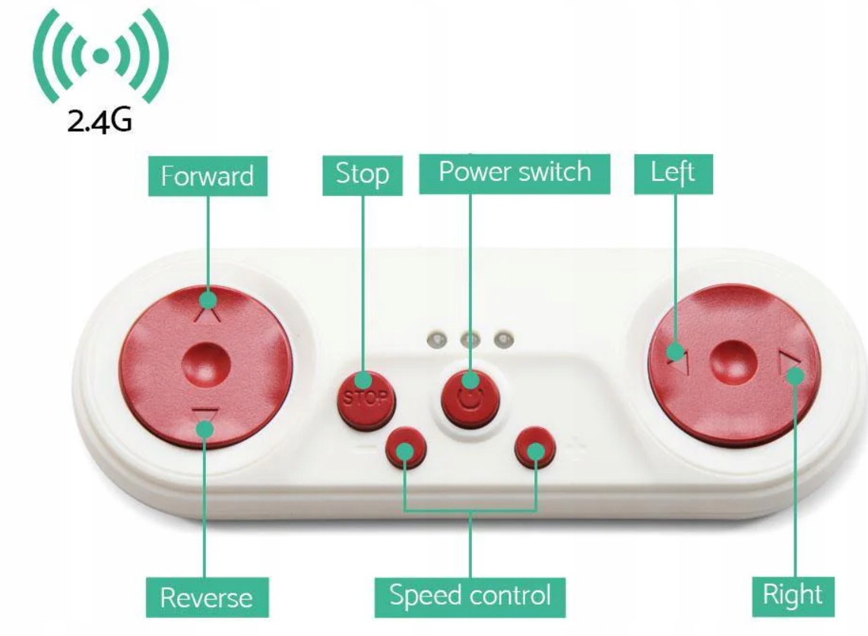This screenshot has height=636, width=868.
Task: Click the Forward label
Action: click(x=207, y=176)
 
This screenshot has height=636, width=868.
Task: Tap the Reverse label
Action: click(x=205, y=597)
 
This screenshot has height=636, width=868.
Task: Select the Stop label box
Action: click(x=363, y=175)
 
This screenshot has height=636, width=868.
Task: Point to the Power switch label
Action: click(x=515, y=172)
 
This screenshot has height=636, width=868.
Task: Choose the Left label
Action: click(x=673, y=173)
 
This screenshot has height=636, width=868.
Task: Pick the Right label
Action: click(x=793, y=595)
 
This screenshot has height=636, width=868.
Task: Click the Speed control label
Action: click(x=470, y=595)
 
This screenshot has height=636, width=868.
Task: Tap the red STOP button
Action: click(x=363, y=396)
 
